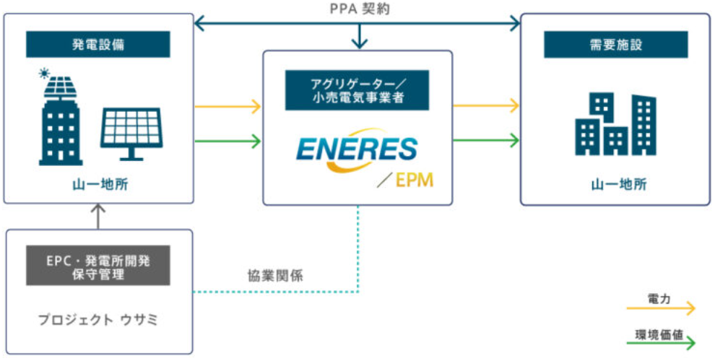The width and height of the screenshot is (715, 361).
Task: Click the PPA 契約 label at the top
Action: click(x=358, y=9)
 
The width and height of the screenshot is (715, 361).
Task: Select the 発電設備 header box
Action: click(x=98, y=44)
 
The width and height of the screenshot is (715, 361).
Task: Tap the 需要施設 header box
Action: click(x=616, y=44)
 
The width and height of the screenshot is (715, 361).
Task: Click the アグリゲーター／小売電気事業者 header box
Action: click(x=357, y=90)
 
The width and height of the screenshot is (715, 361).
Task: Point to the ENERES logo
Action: click(x=357, y=150)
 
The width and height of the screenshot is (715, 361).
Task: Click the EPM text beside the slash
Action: click(x=415, y=180)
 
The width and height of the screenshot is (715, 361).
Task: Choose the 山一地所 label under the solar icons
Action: click(x=98, y=185)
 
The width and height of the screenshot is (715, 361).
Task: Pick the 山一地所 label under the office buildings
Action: click(x=615, y=185)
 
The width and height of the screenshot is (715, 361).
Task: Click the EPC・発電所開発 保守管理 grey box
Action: click(x=98, y=265)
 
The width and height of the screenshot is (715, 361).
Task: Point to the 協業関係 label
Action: click(x=269, y=275)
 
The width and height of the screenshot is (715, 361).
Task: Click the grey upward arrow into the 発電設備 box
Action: click(x=99, y=215)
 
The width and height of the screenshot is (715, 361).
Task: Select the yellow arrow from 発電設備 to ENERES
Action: click(x=227, y=107)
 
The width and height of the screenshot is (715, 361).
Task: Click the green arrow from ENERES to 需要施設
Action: click(x=486, y=139)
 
